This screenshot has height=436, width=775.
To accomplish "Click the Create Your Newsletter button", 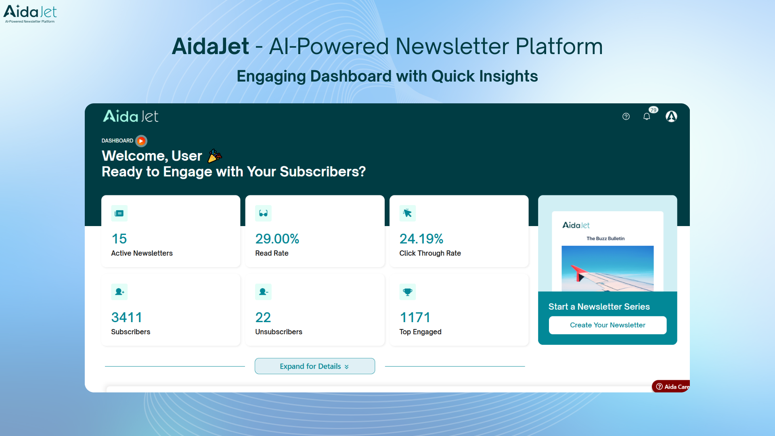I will (x=607, y=325).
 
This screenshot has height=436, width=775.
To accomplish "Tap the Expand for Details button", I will (x=314, y=366).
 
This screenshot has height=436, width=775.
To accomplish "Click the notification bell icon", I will (x=646, y=117).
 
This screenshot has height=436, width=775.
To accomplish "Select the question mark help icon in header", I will (x=626, y=117).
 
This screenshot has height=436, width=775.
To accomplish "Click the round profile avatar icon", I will (x=671, y=117).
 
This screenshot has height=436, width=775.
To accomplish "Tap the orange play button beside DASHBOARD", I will (x=141, y=141).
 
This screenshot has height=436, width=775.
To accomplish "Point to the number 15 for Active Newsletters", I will (x=119, y=239).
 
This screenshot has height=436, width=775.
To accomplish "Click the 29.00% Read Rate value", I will (x=277, y=239).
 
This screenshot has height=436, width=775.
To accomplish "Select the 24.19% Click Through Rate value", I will (x=421, y=239).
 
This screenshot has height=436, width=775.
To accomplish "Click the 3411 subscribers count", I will (x=126, y=317).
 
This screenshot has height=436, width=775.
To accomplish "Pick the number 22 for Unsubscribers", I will (x=263, y=317).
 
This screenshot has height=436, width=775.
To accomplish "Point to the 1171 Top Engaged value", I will (x=415, y=317).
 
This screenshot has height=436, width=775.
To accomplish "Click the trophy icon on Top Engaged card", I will (x=407, y=291).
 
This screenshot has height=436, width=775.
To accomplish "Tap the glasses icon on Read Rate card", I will (x=263, y=213).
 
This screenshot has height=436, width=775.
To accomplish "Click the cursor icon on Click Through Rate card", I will (x=407, y=213).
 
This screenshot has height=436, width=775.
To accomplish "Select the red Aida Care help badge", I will (x=671, y=386).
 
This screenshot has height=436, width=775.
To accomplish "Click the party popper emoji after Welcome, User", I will (x=214, y=156).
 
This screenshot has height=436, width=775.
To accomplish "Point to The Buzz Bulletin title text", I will (x=605, y=239).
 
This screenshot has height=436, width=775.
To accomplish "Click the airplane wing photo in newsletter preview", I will (x=607, y=268).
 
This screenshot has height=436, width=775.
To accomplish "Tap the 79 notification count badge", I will (x=653, y=110).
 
